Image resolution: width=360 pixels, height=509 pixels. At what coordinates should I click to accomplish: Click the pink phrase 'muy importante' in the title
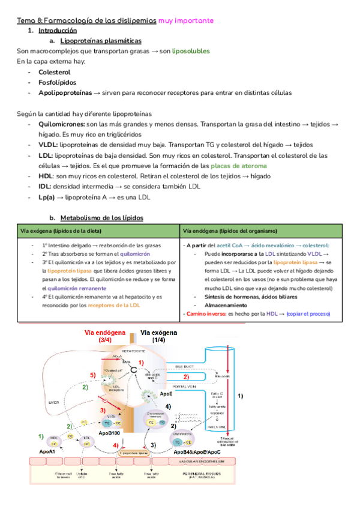[186, 20]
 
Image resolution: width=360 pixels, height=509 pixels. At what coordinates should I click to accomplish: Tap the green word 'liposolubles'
[191, 52]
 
